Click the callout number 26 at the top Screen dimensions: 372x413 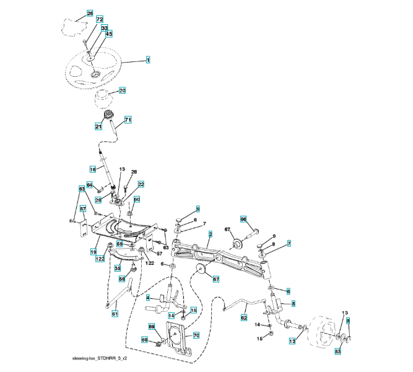[90, 13]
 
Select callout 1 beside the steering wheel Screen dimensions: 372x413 [148, 60]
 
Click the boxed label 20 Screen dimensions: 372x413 [122, 91]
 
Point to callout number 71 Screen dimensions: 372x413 [128, 120]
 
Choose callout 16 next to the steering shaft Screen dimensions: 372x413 [93, 169]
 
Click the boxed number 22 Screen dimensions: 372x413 [141, 184]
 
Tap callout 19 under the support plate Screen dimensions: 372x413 [93, 252]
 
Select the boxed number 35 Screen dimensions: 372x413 [117, 268]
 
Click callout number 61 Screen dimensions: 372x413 [115, 314]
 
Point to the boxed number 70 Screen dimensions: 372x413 [196, 335]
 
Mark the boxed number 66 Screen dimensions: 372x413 [243, 219]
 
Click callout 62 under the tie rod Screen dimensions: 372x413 [244, 317]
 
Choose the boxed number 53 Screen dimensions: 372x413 [338, 352]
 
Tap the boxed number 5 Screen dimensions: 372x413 [293, 303]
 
